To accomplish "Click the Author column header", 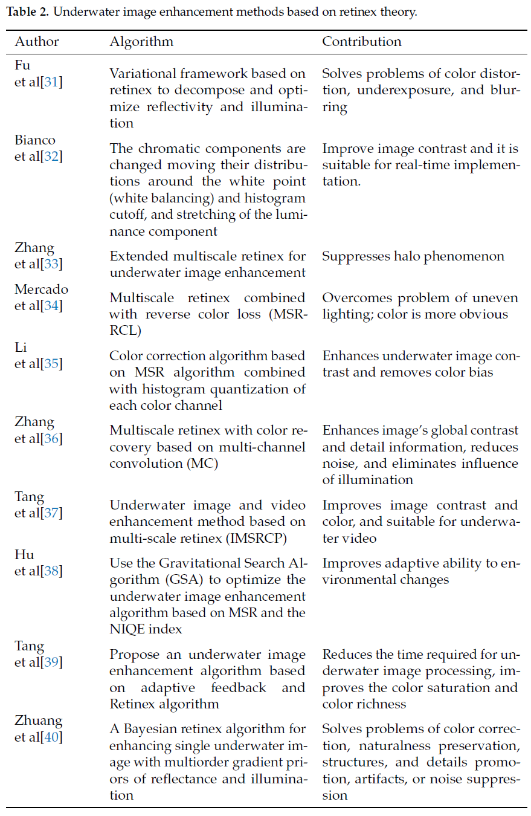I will pos(37,42).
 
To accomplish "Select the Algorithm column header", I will pos(141,42).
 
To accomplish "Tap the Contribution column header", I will pos(361,42).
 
